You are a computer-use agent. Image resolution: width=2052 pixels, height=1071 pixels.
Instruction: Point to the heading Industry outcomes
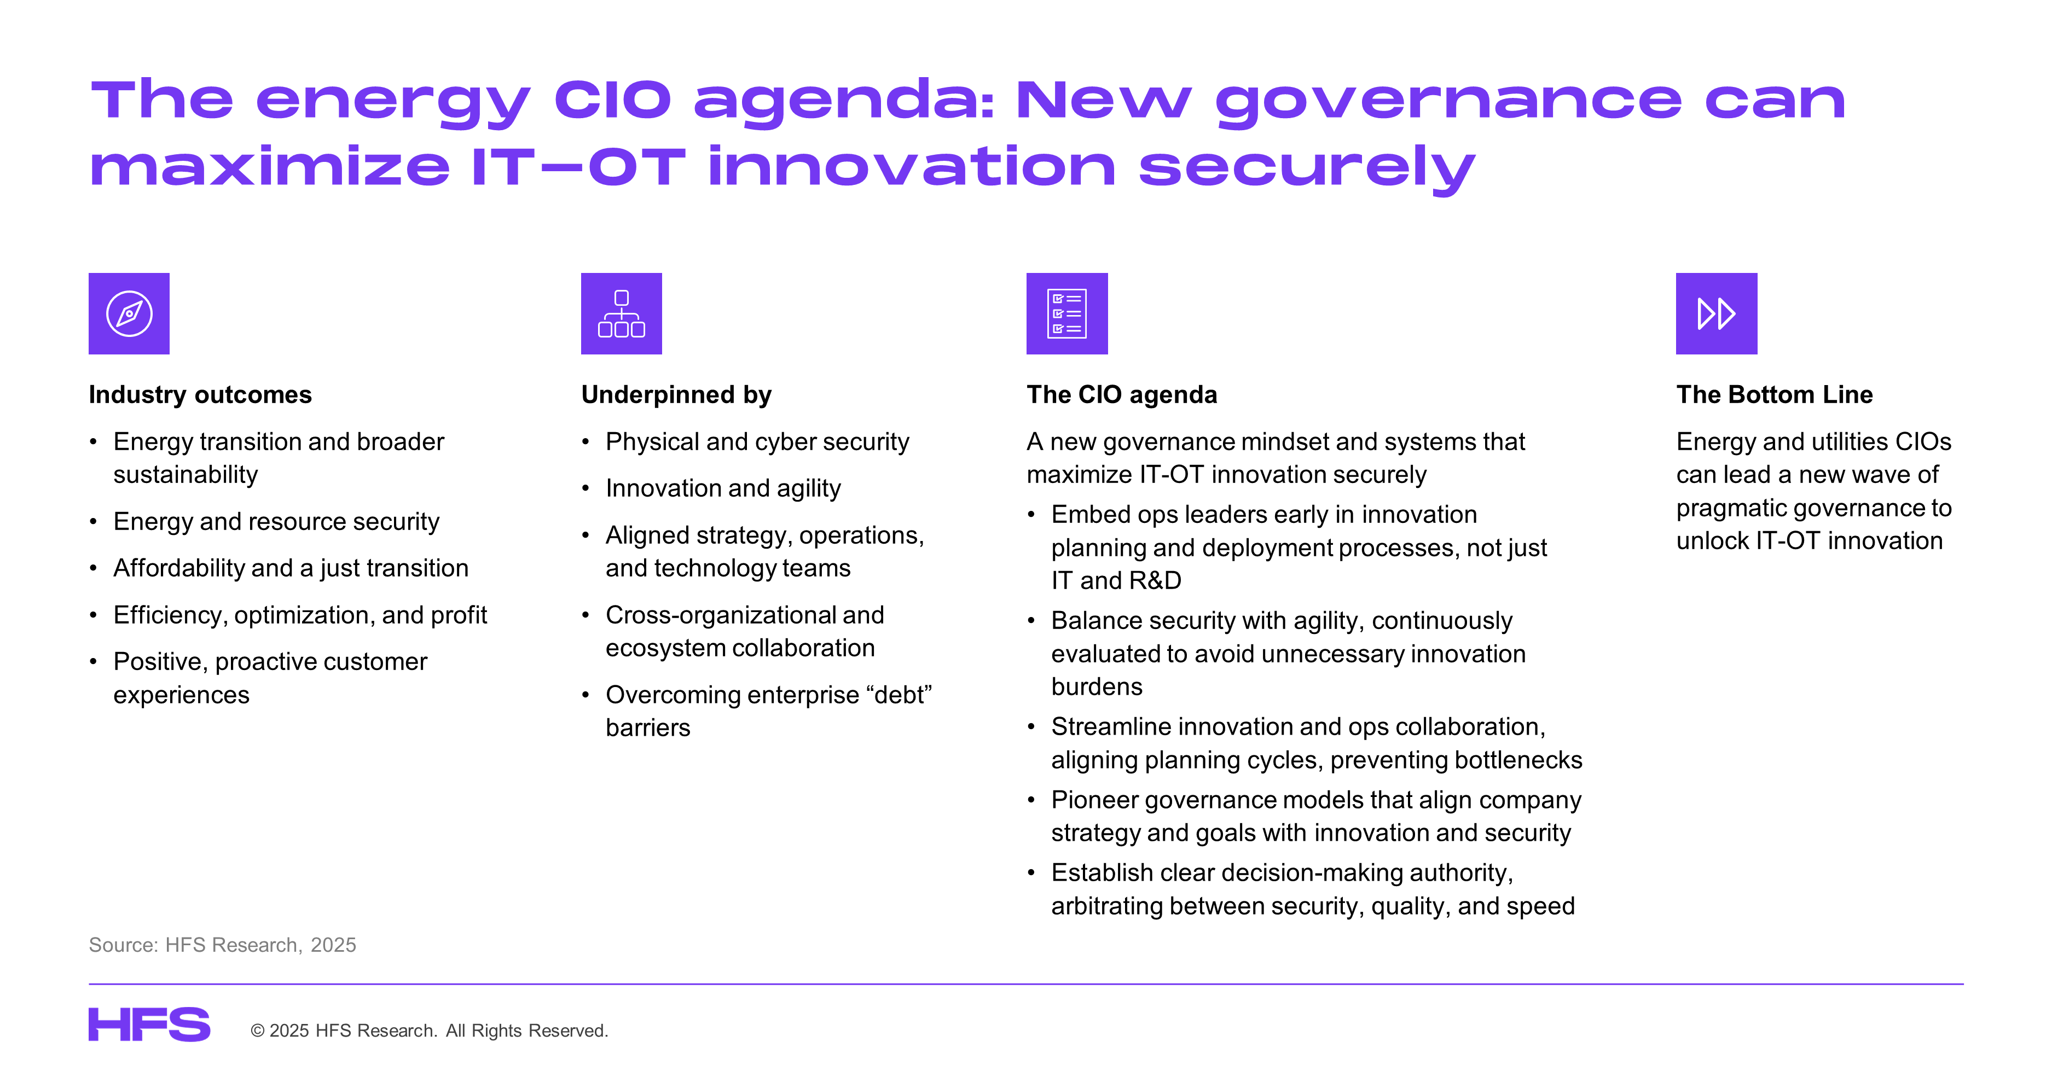[x=200, y=394]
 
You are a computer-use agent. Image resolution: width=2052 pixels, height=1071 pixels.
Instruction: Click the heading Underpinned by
[x=676, y=395]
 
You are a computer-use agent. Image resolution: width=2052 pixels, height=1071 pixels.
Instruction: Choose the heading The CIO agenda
[x=1122, y=395]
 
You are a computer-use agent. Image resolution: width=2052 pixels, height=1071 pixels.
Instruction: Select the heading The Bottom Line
[x=1774, y=394]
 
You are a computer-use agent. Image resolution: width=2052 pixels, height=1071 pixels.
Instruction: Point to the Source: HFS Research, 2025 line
[x=222, y=945]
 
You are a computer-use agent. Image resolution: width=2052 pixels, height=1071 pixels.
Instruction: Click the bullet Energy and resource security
[x=276, y=522]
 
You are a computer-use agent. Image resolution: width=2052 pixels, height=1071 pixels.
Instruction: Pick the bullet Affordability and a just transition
[x=291, y=568]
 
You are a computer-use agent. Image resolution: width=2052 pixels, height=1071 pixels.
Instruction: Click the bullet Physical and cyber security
[x=757, y=442]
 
